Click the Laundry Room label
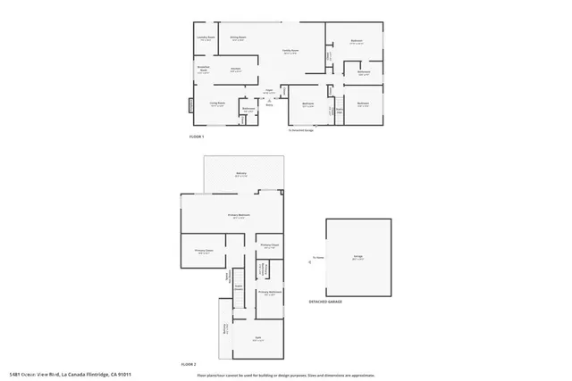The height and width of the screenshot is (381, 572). [x=206, y=37]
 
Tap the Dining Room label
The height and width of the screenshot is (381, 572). [x=238, y=37]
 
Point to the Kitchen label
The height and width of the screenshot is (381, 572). [x=237, y=69]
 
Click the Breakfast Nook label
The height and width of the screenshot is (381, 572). [x=203, y=70]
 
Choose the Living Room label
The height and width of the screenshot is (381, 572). [x=216, y=104]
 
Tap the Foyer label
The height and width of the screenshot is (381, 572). [x=268, y=90]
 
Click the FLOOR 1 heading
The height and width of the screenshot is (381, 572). [x=198, y=137]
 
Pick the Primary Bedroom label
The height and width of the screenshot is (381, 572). [x=237, y=216]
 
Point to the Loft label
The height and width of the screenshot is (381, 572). [x=257, y=338]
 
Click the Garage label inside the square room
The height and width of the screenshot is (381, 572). [x=357, y=257]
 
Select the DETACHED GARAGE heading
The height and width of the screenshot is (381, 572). [x=326, y=302]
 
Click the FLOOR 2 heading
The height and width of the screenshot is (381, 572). [x=189, y=364]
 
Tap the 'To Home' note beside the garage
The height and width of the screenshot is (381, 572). [x=316, y=259]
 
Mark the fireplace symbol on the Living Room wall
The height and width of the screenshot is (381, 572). [x=190, y=106]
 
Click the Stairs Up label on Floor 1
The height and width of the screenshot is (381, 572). [x=341, y=111]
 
